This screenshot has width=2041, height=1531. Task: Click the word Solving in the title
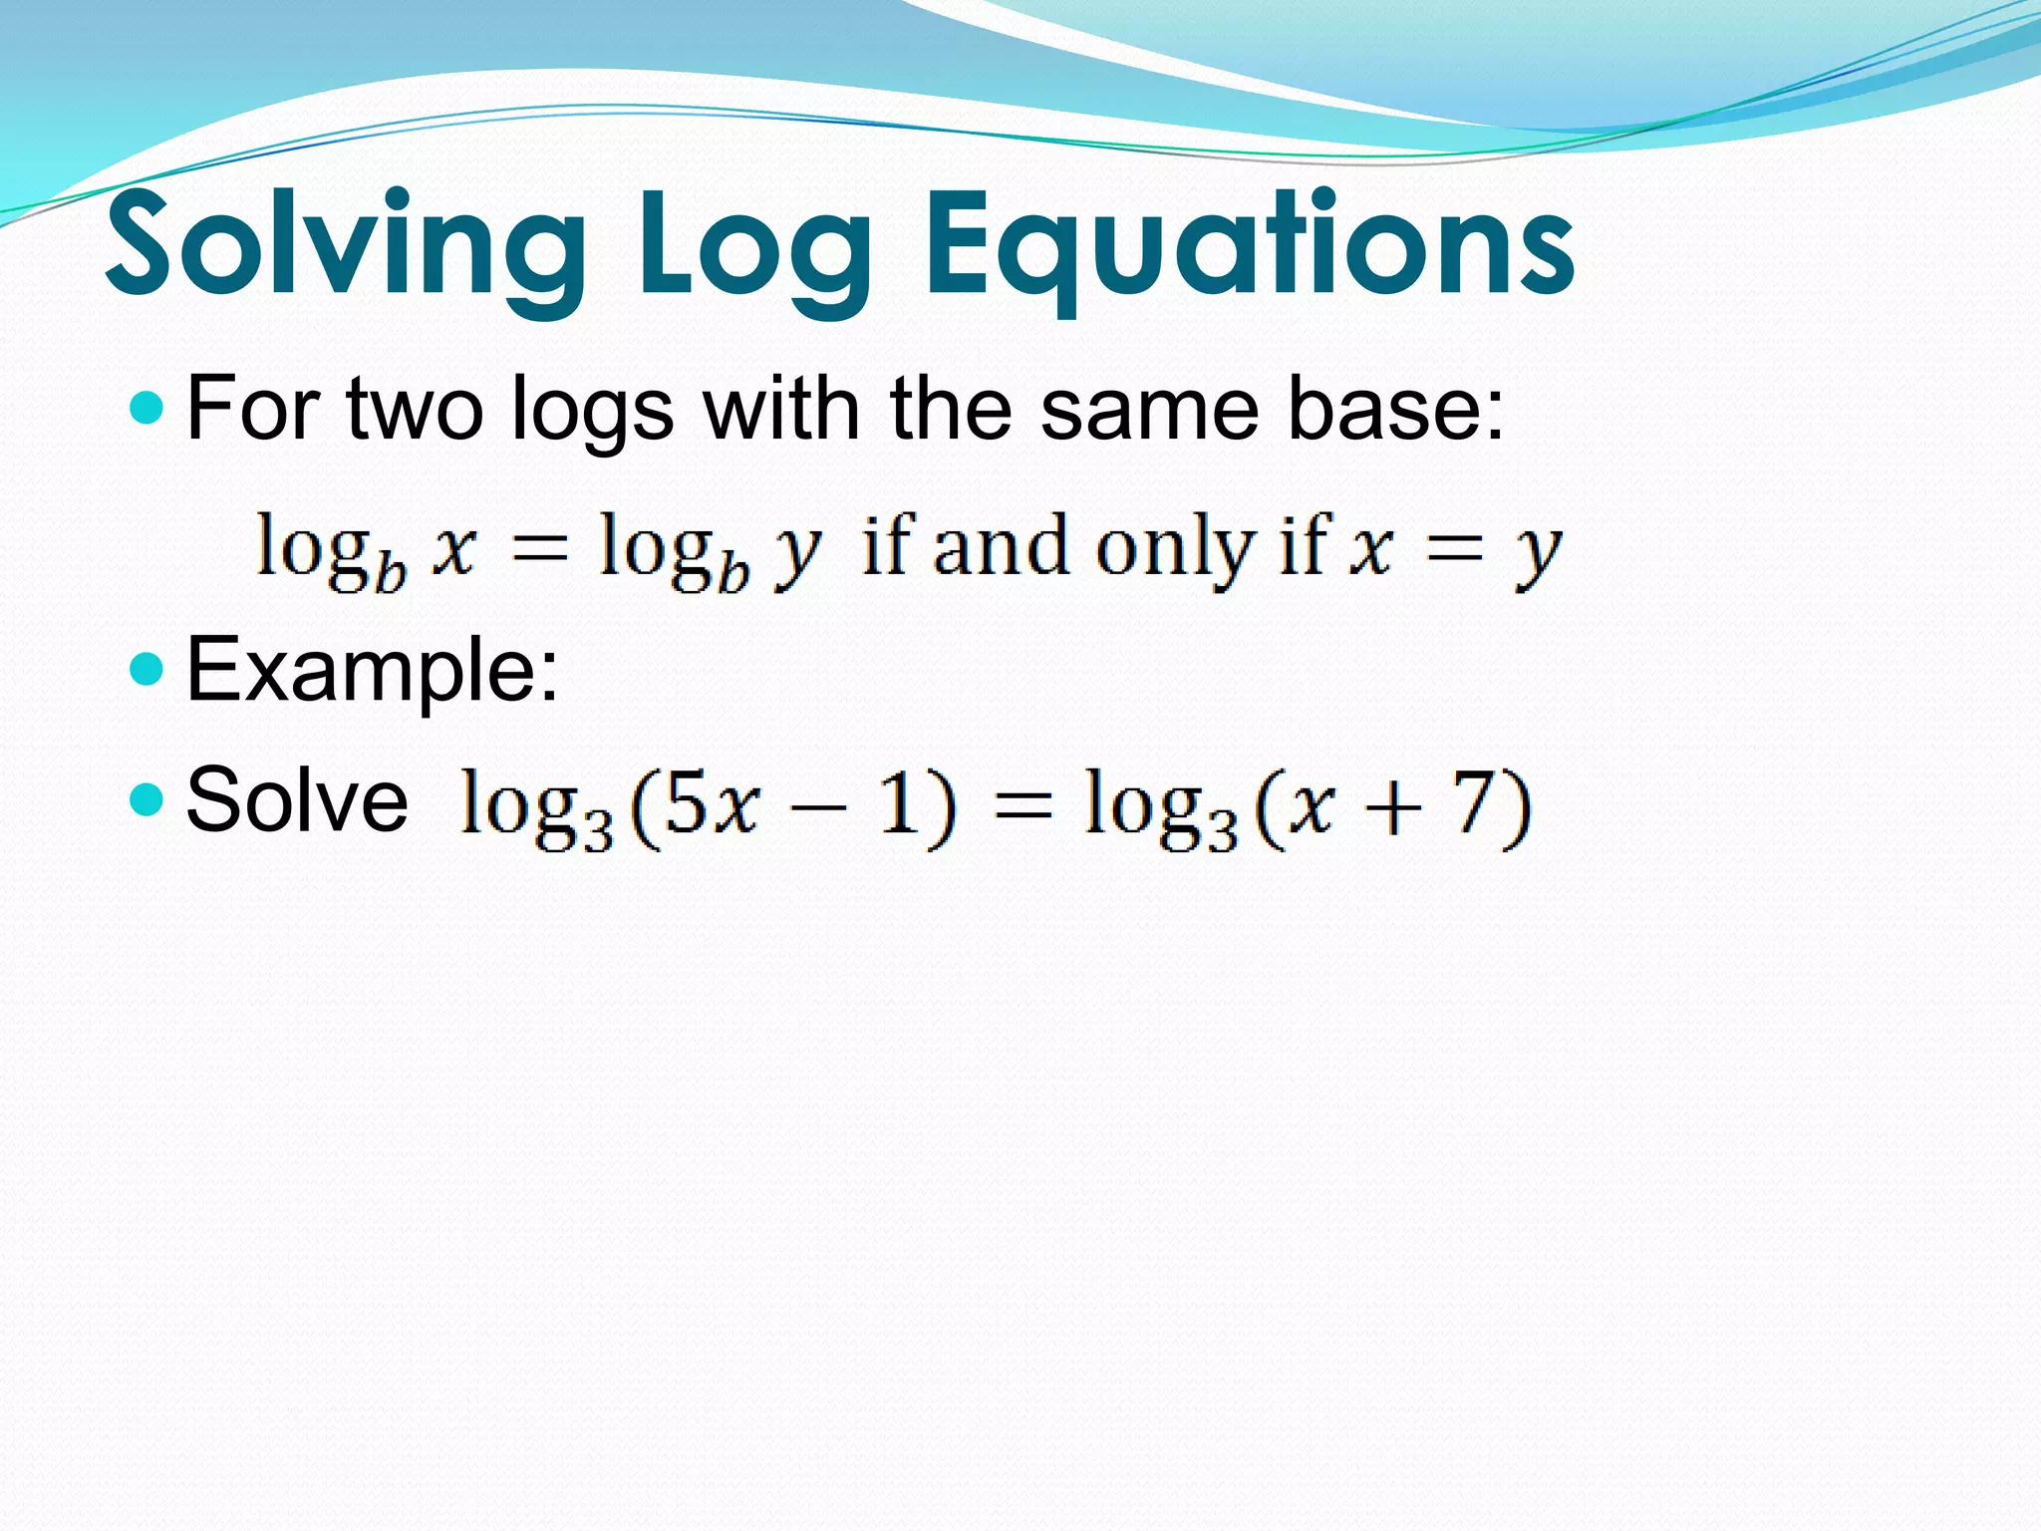pyautogui.click(x=345, y=245)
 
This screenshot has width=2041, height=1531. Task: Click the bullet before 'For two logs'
pyautogui.click(x=146, y=408)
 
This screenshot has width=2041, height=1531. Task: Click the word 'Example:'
pyautogui.click(x=373, y=670)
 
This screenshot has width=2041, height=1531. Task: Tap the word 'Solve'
pyautogui.click(x=297, y=799)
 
